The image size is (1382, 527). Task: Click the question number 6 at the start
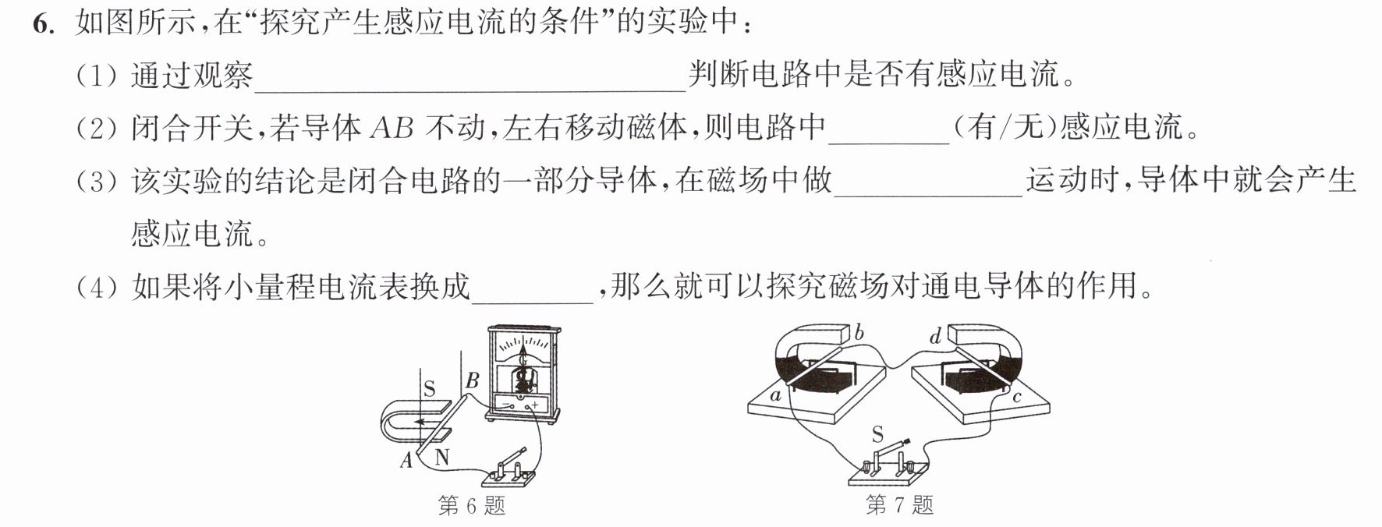pyautogui.click(x=43, y=24)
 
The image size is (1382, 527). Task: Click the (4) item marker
pyautogui.click(x=97, y=287)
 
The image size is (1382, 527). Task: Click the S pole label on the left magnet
pyautogui.click(x=428, y=387)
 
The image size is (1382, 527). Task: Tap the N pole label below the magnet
pyautogui.click(x=442, y=457)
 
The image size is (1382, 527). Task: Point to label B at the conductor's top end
pyautogui.click(x=472, y=381)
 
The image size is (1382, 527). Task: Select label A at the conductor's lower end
pyautogui.click(x=406, y=461)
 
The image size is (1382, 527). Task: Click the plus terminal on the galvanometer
pyautogui.click(x=535, y=405)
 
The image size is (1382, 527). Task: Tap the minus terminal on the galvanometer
pyautogui.click(x=505, y=405)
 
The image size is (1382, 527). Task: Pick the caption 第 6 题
pyautogui.click(x=472, y=507)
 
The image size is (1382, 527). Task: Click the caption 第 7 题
pyautogui.click(x=899, y=505)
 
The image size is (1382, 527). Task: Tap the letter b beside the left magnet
pyautogui.click(x=859, y=334)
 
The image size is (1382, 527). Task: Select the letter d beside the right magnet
pyautogui.click(x=935, y=336)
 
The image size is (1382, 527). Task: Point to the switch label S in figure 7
pyautogui.click(x=877, y=434)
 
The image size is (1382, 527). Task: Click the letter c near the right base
pyautogui.click(x=1017, y=398)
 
